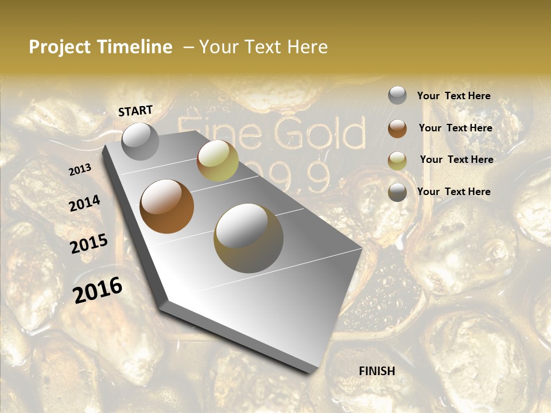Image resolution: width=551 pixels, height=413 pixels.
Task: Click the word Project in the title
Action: click(60, 48)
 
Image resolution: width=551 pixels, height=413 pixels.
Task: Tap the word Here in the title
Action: click(306, 48)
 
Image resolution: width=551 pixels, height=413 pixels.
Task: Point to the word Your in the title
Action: click(218, 48)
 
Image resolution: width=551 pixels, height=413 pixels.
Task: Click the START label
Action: click(135, 111)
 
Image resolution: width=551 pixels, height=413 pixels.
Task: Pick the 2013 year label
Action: click(80, 170)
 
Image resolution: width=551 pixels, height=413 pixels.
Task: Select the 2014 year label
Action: click(84, 204)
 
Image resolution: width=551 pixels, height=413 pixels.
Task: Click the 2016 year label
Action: click(98, 290)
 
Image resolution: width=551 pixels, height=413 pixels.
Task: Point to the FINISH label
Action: click(377, 371)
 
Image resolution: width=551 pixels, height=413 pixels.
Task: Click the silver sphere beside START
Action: click(140, 141)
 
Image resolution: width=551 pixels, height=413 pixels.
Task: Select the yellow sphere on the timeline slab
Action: click(218, 161)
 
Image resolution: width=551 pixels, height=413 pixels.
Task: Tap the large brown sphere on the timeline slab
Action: click(167, 206)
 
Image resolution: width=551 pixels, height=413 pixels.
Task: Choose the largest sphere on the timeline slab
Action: click(249, 238)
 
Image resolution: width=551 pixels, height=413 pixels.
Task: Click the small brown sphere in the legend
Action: click(397, 128)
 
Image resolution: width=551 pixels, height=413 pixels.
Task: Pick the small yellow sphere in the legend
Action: click(397, 161)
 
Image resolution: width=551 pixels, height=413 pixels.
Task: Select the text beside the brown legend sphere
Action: click(455, 128)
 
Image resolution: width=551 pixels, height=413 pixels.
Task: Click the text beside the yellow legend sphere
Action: click(456, 159)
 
